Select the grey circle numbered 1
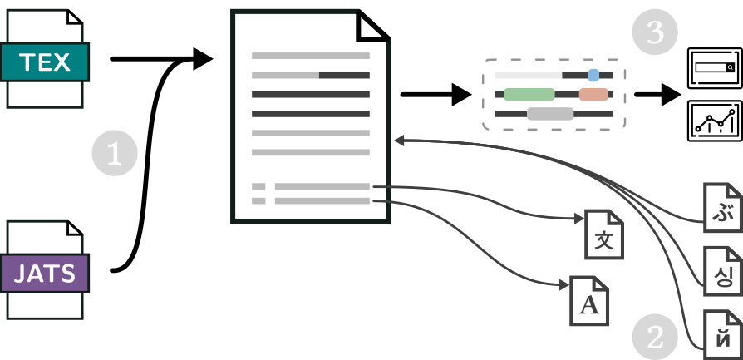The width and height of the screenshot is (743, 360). click(116, 154)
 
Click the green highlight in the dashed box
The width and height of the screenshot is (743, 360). click(529, 94)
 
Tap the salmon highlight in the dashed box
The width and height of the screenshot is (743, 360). click(593, 94)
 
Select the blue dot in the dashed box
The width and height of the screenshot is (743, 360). click(593, 75)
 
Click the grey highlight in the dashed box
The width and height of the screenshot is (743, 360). click(549, 114)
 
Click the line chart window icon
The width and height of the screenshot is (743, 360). click(713, 120)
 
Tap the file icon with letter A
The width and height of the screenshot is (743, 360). click(589, 301)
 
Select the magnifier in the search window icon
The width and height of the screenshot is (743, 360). click(729, 67)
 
